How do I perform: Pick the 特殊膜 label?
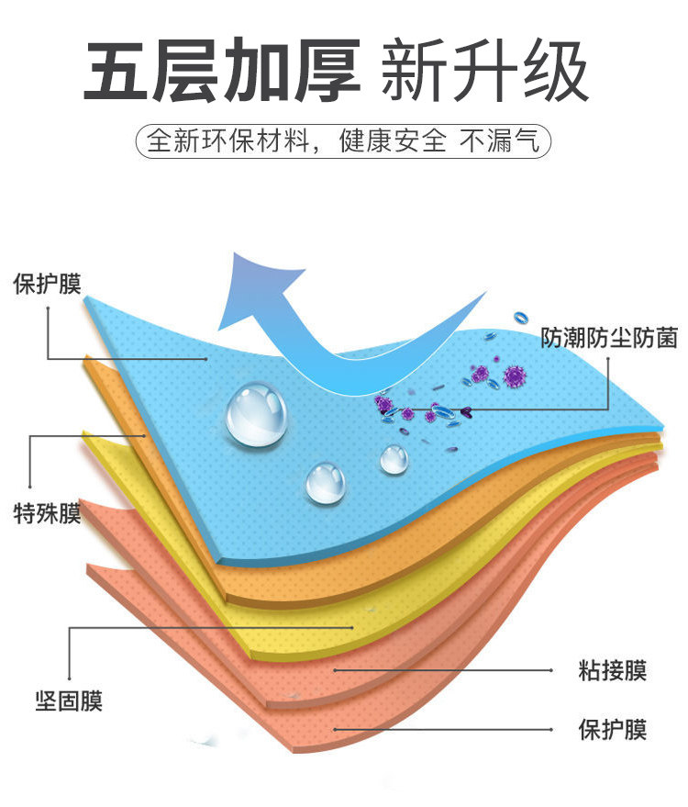[x=47, y=513]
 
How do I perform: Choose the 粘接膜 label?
[x=612, y=670]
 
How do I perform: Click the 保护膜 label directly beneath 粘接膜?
[x=612, y=730]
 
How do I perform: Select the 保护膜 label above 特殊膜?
[x=47, y=284]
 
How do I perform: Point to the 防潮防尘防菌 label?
[x=608, y=338]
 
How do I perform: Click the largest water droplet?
[x=257, y=414]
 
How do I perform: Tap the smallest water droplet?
[x=394, y=458]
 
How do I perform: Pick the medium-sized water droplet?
[x=326, y=482]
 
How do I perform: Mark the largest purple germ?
[x=514, y=376]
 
